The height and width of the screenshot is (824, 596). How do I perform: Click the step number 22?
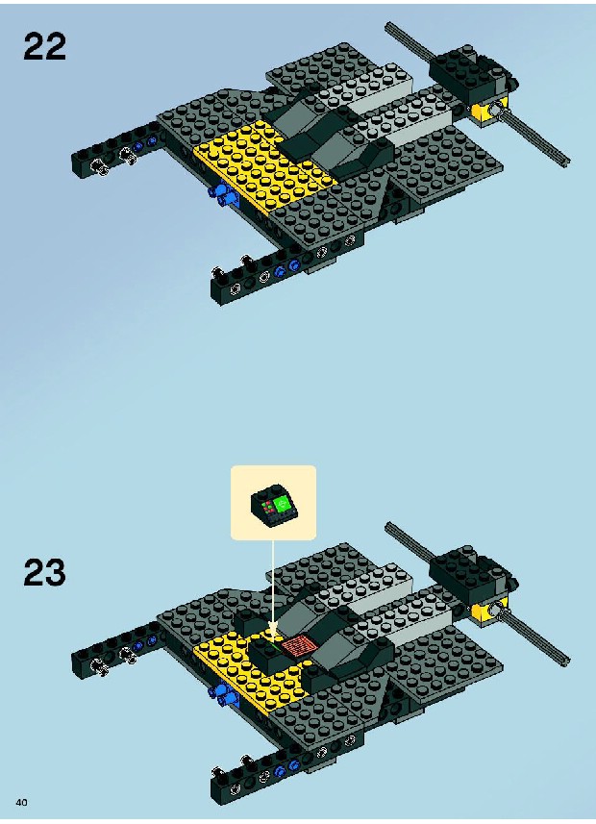[44, 46]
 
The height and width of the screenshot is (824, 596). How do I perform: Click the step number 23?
[44, 572]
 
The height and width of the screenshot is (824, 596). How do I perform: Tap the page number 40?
[21, 803]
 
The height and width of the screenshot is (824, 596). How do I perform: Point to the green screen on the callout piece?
[283, 503]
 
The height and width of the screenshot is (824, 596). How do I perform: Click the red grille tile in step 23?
[296, 645]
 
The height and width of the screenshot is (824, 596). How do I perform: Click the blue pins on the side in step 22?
[223, 194]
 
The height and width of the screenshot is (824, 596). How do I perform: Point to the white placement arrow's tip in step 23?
[273, 637]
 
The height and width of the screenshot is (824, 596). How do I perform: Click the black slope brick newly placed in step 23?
[268, 654]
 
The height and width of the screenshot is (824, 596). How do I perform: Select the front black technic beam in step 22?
[284, 270]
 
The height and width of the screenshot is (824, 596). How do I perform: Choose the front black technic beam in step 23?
[284, 771]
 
